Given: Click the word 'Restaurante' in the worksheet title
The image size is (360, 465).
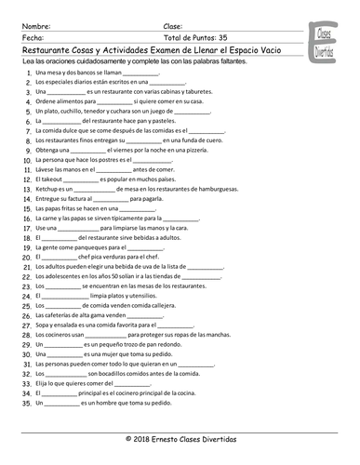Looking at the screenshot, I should (x=48, y=50).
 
